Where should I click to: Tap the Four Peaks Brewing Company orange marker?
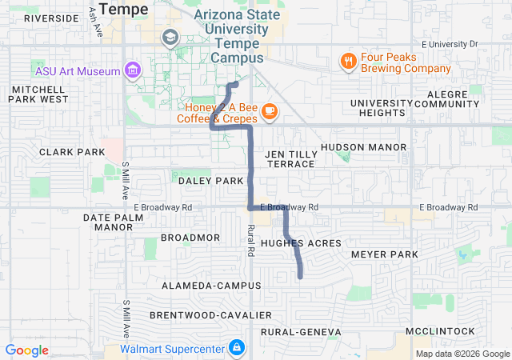coord(348,61)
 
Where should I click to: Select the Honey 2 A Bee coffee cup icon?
coord(269,110)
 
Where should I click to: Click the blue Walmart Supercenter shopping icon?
coord(237,348)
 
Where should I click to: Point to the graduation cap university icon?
coord(170,37)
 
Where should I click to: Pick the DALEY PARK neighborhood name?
coord(210,181)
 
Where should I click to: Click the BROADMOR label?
coord(190,238)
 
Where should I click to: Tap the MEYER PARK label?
coord(385,254)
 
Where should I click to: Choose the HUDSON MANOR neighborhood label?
coord(363,147)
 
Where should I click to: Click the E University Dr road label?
coord(449,43)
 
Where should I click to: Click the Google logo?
coord(27,350)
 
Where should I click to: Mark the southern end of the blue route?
coord(301,277)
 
